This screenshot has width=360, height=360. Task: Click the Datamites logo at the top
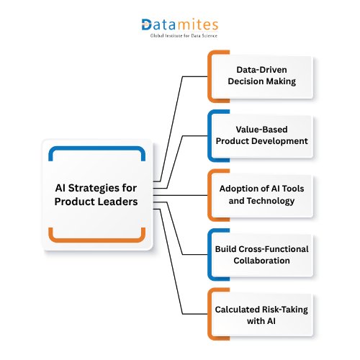pyautogui.click(x=179, y=24)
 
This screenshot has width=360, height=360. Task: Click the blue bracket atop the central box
pyautogui.click(x=98, y=148)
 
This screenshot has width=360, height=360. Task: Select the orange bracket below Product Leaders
pyautogui.click(x=98, y=238)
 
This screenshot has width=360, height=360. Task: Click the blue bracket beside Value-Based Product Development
pyautogui.click(x=210, y=135)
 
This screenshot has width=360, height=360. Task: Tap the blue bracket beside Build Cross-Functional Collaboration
pyautogui.click(x=210, y=254)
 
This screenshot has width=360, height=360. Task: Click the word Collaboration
pyautogui.click(x=262, y=261)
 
